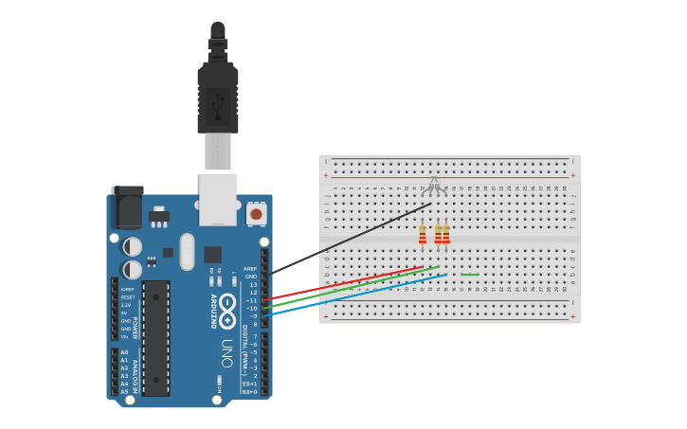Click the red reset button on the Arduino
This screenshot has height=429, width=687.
256,214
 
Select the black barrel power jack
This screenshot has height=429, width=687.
128,206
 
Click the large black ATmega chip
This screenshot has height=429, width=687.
156,337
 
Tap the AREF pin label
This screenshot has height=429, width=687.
250,269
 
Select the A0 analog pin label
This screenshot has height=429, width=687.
124,352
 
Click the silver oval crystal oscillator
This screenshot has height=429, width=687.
188,251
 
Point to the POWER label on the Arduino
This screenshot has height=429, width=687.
136,328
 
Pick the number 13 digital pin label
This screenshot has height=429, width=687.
253,284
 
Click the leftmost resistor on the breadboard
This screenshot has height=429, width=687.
422,234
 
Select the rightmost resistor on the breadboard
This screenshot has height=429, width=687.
446,234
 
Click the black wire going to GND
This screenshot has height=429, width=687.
351,238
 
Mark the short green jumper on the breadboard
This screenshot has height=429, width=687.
470,275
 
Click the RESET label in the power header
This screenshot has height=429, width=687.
127,297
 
